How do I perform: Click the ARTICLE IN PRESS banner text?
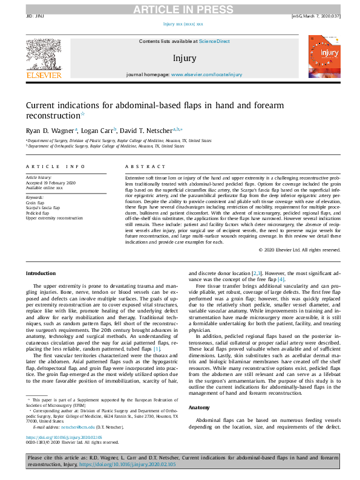[x=180, y=8]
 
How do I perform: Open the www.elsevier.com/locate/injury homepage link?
[x=206, y=74]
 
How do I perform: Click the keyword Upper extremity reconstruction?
[x=54, y=218]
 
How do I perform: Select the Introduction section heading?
[x=41, y=273]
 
